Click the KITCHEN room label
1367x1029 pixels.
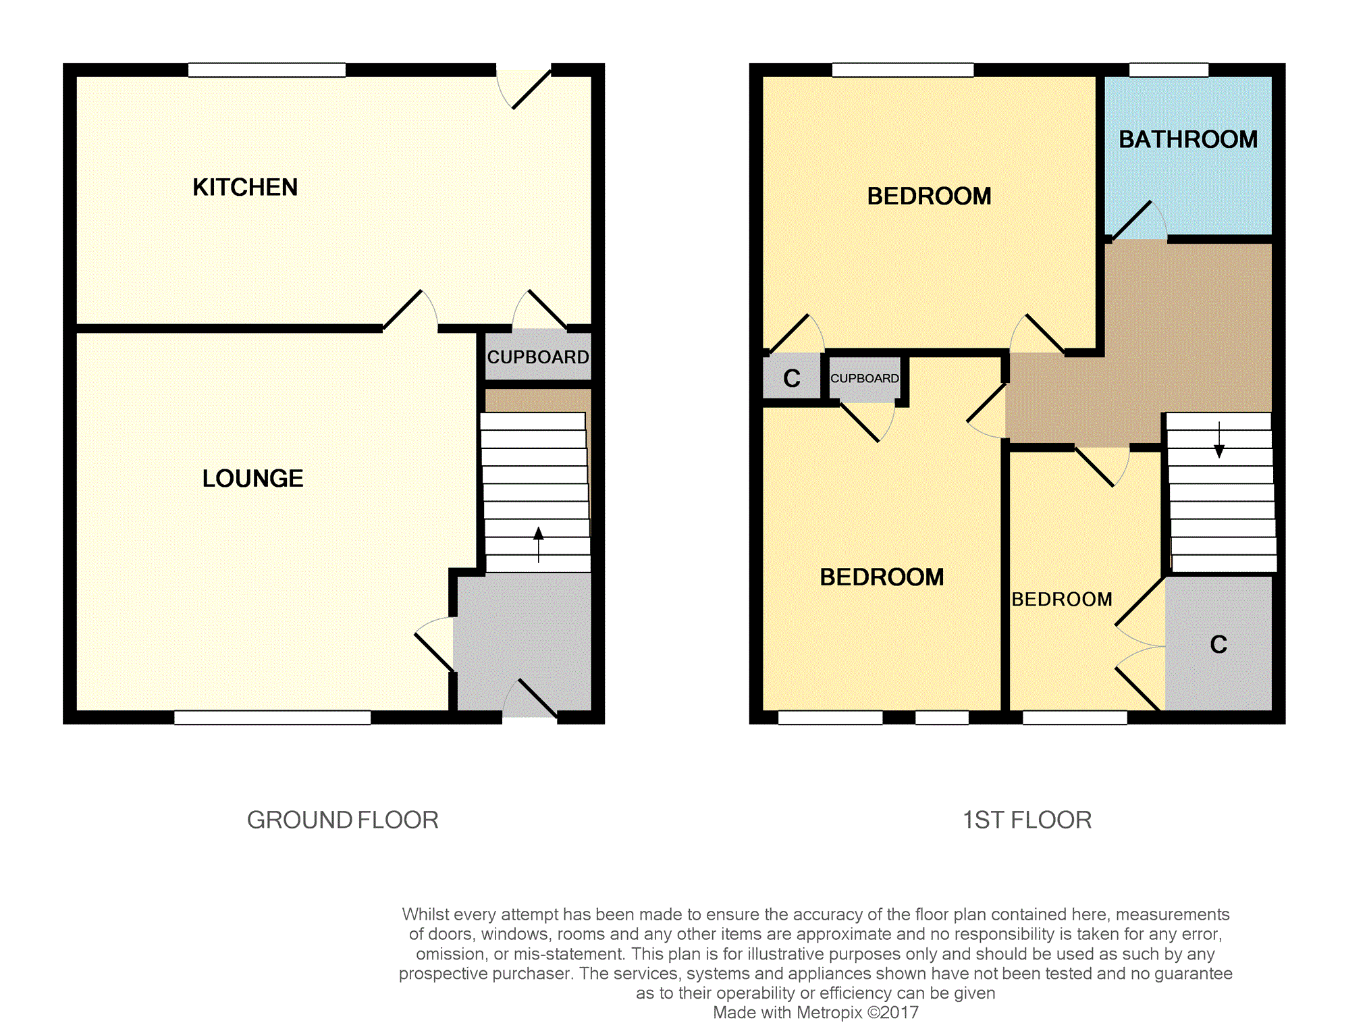[245, 187]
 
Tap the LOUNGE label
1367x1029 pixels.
[253, 478]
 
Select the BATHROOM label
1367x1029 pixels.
[1188, 139]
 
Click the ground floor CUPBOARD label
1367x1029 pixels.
[538, 357]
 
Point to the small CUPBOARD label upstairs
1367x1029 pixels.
[865, 378]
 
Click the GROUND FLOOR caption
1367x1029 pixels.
[343, 820]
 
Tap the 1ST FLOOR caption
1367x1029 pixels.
[1027, 820]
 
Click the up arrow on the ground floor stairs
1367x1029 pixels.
[538, 544]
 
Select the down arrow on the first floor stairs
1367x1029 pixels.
[1219, 440]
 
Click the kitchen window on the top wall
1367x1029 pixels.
[267, 70]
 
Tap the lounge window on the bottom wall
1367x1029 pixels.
[273, 718]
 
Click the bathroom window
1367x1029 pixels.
[1169, 70]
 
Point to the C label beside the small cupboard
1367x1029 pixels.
[792, 378]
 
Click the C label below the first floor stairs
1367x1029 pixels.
[1218, 644]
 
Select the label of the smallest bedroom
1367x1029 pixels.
[1062, 599]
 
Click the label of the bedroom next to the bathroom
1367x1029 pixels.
[929, 196]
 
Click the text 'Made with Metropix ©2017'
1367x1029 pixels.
[815, 1013]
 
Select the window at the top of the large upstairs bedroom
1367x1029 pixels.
[903, 70]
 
